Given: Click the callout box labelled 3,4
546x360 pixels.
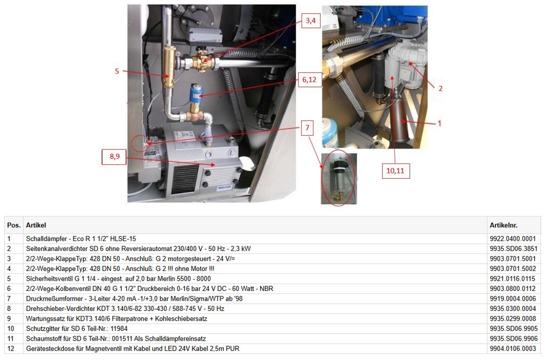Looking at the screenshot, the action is [x=310, y=20].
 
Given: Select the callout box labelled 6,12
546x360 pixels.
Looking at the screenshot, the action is [x=309, y=79].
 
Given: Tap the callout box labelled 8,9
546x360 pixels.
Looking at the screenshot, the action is [x=115, y=156].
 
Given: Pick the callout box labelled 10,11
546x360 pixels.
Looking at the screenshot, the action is [x=395, y=171].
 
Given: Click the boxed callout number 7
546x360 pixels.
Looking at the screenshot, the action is [x=307, y=128].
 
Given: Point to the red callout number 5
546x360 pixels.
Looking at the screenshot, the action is [x=117, y=71].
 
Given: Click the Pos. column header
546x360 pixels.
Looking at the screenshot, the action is [x=14, y=225].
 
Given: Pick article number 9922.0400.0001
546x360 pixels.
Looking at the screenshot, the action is [x=513, y=239].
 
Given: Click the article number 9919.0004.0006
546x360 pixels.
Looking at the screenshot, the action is [x=513, y=299].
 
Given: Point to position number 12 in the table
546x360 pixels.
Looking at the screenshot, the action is [x=11, y=349].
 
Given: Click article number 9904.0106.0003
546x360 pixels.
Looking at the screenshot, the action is [x=513, y=349].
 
